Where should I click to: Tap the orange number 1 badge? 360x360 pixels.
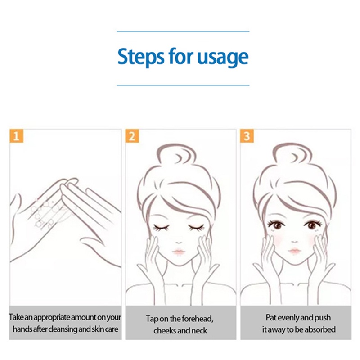coord(16,136)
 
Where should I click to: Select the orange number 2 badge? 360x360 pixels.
coord(132,136)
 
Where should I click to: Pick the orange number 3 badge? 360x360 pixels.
coord(247,136)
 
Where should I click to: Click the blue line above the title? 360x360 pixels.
coord(183,31)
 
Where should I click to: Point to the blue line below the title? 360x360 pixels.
coord(183,85)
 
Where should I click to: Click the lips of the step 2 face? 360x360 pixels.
coord(178,252)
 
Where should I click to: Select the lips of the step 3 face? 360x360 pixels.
coord(295,250)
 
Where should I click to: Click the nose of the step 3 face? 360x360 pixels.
coord(295,242)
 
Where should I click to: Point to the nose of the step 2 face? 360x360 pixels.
coord(179,243)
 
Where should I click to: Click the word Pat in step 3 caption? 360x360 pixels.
coord(270,318)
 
